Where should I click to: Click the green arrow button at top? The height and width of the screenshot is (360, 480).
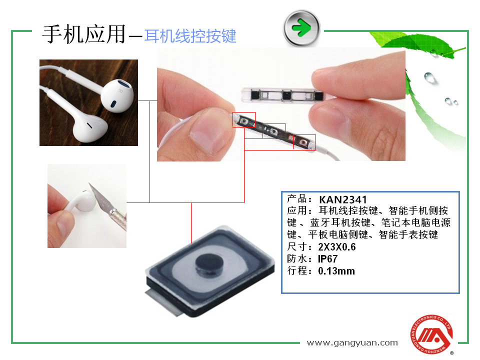[x=301, y=27]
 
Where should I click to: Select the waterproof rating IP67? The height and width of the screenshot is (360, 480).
[x=328, y=259]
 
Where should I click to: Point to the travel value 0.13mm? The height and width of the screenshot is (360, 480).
[x=336, y=271]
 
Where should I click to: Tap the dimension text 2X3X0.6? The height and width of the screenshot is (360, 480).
[x=337, y=247]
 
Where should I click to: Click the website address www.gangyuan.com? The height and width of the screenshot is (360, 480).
[x=352, y=342]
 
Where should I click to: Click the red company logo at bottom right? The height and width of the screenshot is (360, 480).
[x=431, y=333]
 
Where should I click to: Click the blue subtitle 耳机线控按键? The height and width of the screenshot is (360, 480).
[x=190, y=36]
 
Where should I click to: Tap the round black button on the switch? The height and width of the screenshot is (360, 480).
[x=206, y=263]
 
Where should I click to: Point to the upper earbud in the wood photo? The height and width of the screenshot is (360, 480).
[x=118, y=95]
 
